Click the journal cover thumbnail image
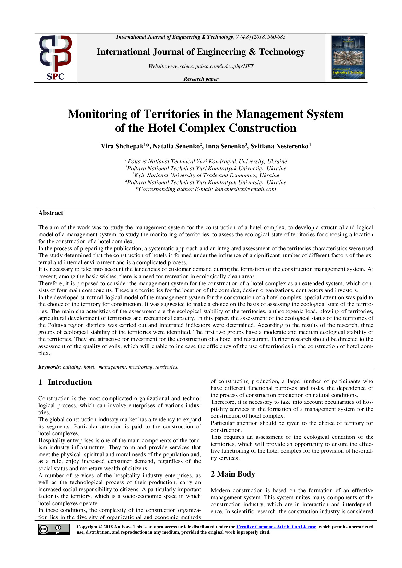(x=348, y=57)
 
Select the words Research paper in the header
(x=201, y=79)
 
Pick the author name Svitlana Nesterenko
(x=279, y=146)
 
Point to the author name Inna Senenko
(x=225, y=146)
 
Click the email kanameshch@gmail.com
(x=245, y=189)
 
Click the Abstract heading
(x=51, y=213)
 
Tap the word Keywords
(x=49, y=367)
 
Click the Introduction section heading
(x=70, y=382)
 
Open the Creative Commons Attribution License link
(x=276, y=527)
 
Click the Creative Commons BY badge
(x=54, y=529)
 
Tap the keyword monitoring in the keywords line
(x=140, y=367)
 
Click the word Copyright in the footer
(x=87, y=527)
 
